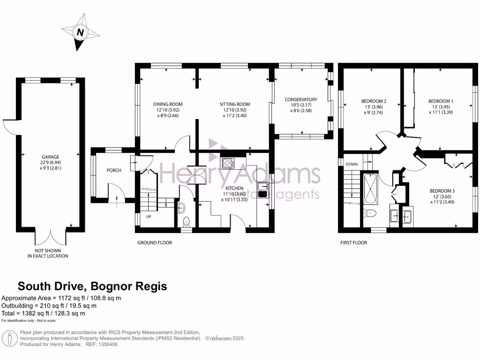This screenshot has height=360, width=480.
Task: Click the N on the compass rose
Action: point(80,33)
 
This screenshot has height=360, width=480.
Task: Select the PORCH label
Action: point(114,170)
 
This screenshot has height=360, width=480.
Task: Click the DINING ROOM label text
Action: point(168,104)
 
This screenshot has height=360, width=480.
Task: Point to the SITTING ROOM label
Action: point(235,104)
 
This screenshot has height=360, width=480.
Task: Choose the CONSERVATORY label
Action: point(301,99)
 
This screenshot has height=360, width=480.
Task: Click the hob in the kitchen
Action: point(228,163)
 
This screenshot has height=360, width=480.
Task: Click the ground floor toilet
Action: point(186,221)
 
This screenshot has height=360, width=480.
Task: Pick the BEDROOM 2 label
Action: point(374,101)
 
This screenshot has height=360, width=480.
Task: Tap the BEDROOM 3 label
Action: point(442,191)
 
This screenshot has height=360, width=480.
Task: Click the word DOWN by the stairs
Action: point(352,165)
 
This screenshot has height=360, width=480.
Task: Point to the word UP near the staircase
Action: point(149,217)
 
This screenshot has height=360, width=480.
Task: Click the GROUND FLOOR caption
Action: point(154,243)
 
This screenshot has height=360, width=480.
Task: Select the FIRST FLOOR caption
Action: point(353,243)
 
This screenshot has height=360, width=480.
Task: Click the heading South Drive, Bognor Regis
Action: point(92,286)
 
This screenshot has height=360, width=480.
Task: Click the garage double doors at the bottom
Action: point(51,237)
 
